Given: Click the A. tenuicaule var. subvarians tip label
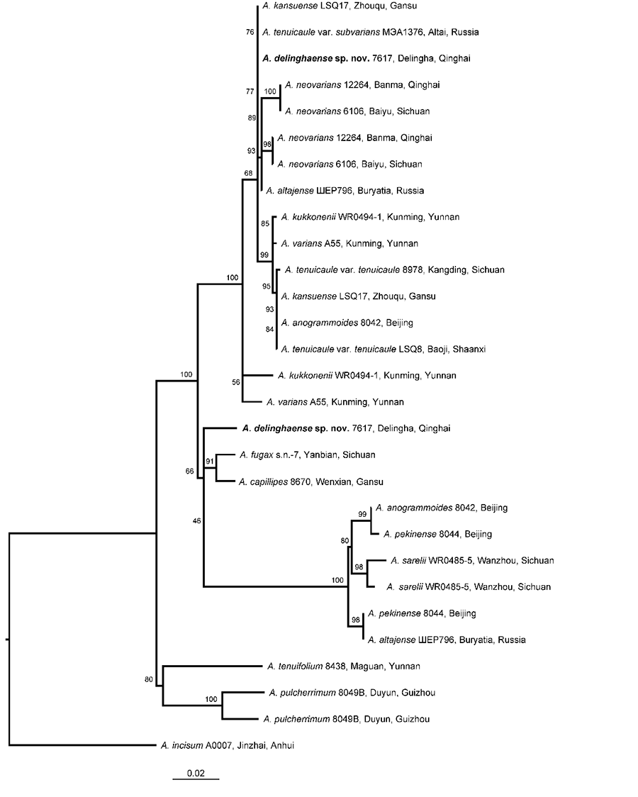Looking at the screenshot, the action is [371, 32].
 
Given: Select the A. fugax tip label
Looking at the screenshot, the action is [308, 455].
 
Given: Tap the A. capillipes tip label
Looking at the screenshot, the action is [311, 482].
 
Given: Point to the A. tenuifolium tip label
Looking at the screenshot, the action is [343, 667].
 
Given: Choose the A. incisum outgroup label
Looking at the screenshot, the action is [228, 746].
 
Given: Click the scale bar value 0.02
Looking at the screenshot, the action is [196, 774].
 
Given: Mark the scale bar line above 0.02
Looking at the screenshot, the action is [196, 779].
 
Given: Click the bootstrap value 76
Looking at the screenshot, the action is [250, 32].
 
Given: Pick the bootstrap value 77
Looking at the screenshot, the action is [250, 91].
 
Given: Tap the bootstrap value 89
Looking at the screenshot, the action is [252, 118].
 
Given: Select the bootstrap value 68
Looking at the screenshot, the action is [248, 173].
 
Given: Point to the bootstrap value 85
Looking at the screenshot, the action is [265, 223].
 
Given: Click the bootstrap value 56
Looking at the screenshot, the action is [235, 382].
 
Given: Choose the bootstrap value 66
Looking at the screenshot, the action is [189, 472].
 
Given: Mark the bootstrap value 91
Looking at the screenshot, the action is [210, 461].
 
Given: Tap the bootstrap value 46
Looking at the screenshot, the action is [196, 520].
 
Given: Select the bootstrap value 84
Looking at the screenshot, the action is [269, 330].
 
